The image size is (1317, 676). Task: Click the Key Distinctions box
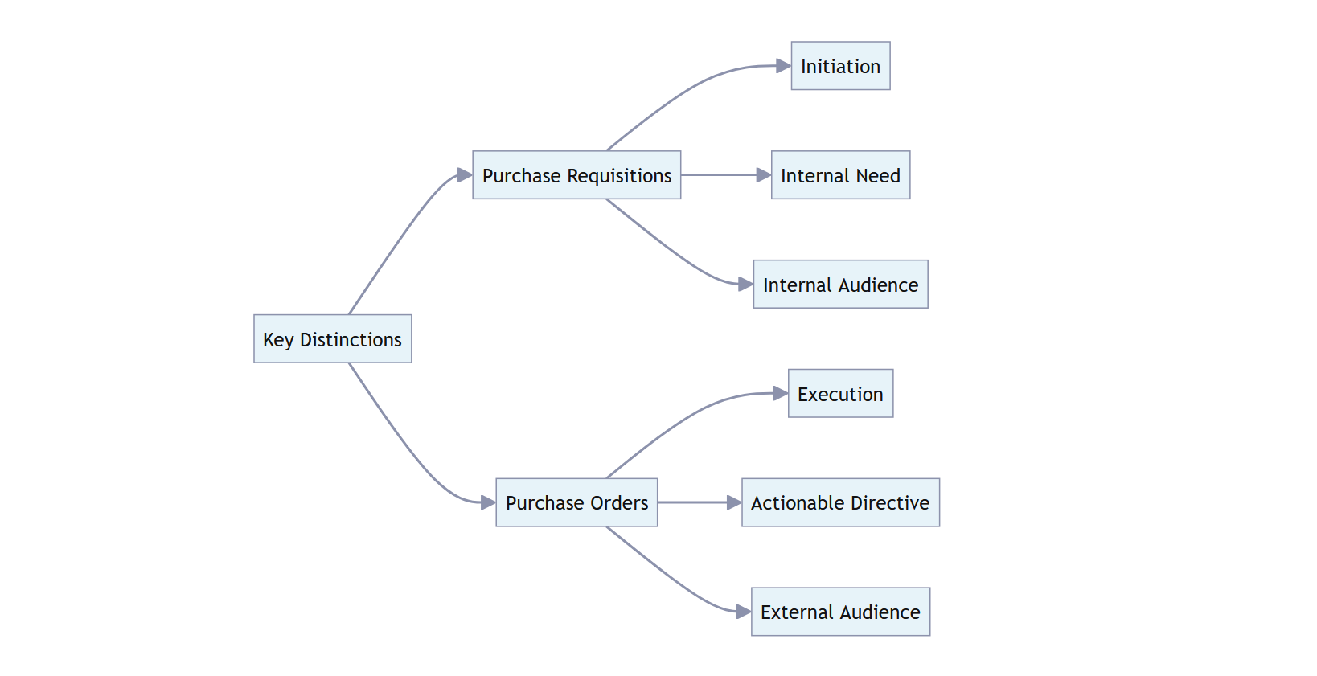pos(332,338)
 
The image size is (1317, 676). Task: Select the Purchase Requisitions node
pos(576,175)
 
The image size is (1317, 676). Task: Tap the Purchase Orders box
pos(576,502)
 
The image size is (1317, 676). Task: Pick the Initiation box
pos(840,66)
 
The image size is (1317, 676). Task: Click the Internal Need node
pos(840,175)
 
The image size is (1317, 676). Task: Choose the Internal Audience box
pos(840,285)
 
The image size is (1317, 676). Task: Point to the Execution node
pos(840,394)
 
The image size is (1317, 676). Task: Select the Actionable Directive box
pos(840,502)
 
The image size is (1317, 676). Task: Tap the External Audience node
pos(840,612)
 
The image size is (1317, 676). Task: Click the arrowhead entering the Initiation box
pos(784,66)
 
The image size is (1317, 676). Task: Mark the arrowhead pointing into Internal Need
pos(764,174)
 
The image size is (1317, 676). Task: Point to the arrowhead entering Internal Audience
pos(745,284)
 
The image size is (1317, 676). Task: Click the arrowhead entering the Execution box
pos(781,393)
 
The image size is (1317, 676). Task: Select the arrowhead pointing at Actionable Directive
pos(734,502)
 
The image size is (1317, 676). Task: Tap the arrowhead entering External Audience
pos(744,612)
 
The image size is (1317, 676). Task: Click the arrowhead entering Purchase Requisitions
pos(465,174)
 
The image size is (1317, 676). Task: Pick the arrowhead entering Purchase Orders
pos(488,502)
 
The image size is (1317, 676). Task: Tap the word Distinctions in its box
pos(351,339)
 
